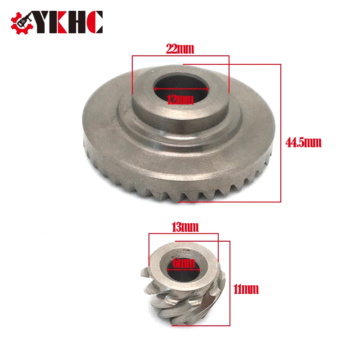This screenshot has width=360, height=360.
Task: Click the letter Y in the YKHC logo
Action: [x=43, y=22]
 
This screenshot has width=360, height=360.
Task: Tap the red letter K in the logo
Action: [x=62, y=22]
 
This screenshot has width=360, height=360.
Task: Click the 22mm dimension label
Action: [x=180, y=49]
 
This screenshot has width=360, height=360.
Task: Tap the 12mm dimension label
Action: [x=180, y=99]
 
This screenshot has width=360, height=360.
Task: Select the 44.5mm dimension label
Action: [x=303, y=142]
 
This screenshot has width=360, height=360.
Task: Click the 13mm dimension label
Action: [x=185, y=227]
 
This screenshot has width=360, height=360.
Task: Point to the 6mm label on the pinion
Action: [x=184, y=263]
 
